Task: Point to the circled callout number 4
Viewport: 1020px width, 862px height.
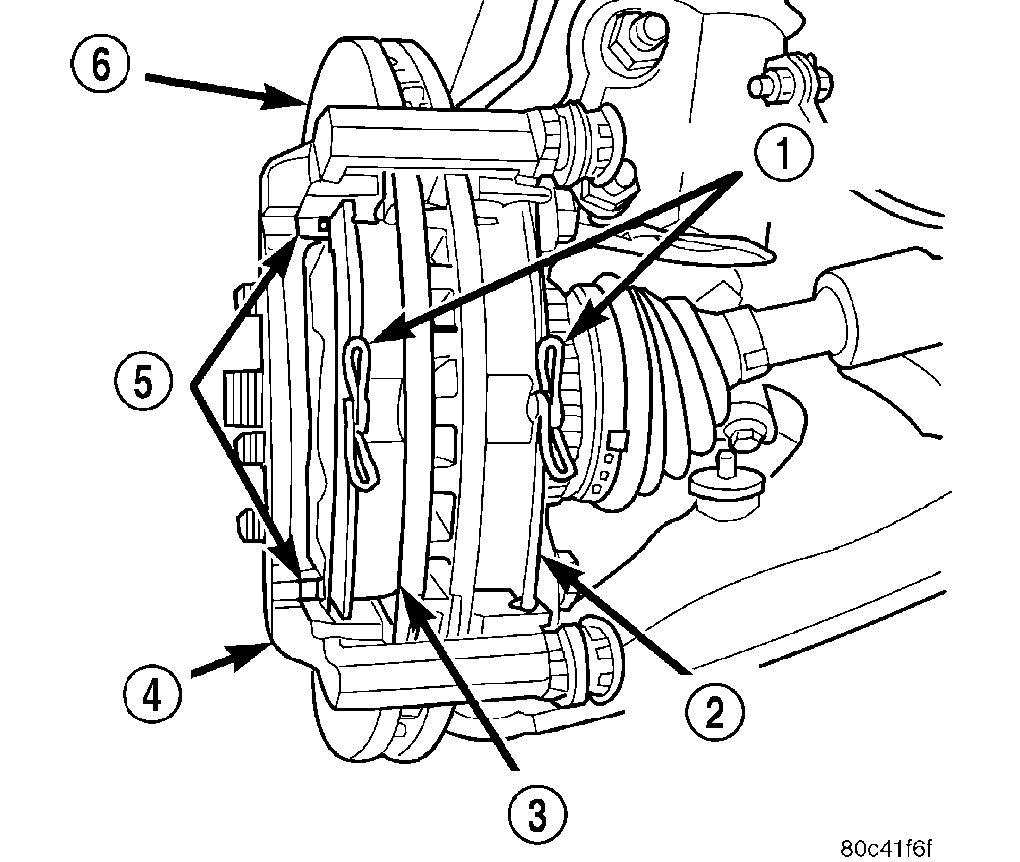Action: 152,692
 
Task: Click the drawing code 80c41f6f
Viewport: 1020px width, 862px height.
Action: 886,847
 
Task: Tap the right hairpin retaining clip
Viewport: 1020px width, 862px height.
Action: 554,409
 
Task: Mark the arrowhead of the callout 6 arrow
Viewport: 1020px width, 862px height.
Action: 300,101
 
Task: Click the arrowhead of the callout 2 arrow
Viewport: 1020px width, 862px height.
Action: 545,565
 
